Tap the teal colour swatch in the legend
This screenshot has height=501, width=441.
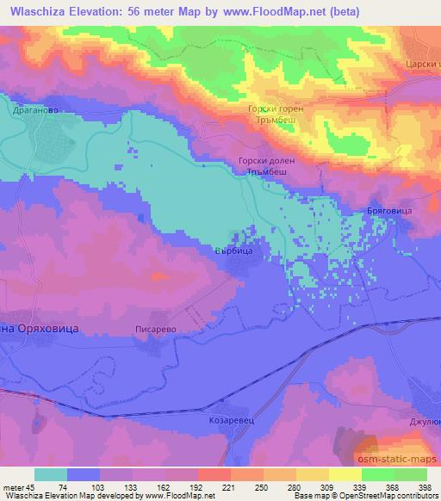pos(51,474)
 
